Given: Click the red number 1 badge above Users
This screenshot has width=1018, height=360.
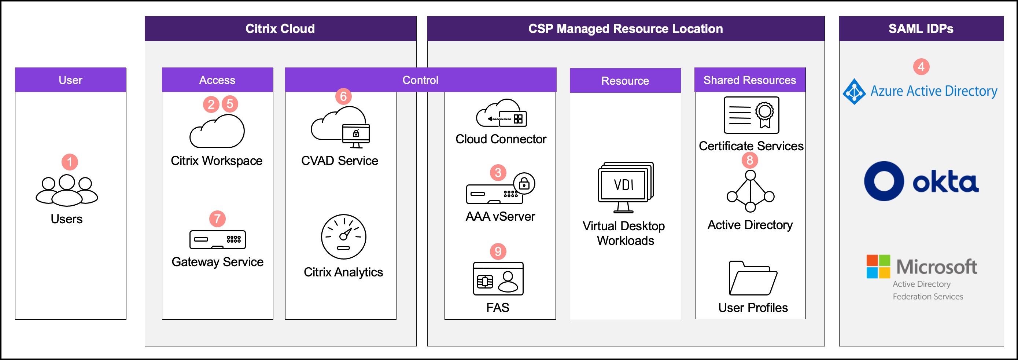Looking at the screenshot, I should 70,162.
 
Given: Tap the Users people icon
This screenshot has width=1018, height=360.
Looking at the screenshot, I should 67,191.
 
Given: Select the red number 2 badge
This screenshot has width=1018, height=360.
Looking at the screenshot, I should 211,104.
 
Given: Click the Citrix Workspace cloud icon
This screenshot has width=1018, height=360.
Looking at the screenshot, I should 217,132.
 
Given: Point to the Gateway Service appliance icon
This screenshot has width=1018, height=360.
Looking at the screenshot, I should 217,239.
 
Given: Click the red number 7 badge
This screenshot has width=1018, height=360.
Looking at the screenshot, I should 217,218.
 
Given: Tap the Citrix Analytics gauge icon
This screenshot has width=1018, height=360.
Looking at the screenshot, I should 343,237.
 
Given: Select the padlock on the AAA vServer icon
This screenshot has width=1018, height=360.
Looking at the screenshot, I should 524,183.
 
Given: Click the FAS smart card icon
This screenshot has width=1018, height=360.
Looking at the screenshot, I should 498,279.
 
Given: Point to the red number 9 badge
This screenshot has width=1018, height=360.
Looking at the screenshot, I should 498,251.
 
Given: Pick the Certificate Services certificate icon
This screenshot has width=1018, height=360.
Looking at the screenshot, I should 751,115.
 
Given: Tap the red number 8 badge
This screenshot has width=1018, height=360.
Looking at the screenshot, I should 750,160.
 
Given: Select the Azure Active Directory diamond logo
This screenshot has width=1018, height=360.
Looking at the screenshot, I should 855,91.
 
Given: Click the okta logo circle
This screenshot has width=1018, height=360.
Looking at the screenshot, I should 884,181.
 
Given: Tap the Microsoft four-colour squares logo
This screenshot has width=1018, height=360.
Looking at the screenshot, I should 878,267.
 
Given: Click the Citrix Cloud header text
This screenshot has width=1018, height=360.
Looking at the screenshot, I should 280,29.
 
